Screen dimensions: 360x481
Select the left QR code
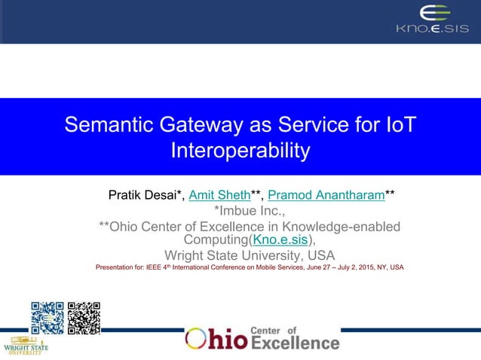point(47,318)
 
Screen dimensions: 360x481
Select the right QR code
point(84,318)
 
